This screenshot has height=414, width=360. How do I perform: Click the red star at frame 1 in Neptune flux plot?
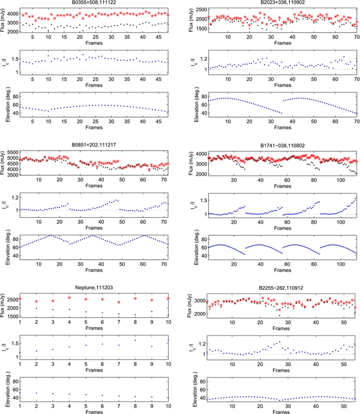coord(20,298)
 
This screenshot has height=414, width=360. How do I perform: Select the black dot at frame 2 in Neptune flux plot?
coord(37,308)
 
